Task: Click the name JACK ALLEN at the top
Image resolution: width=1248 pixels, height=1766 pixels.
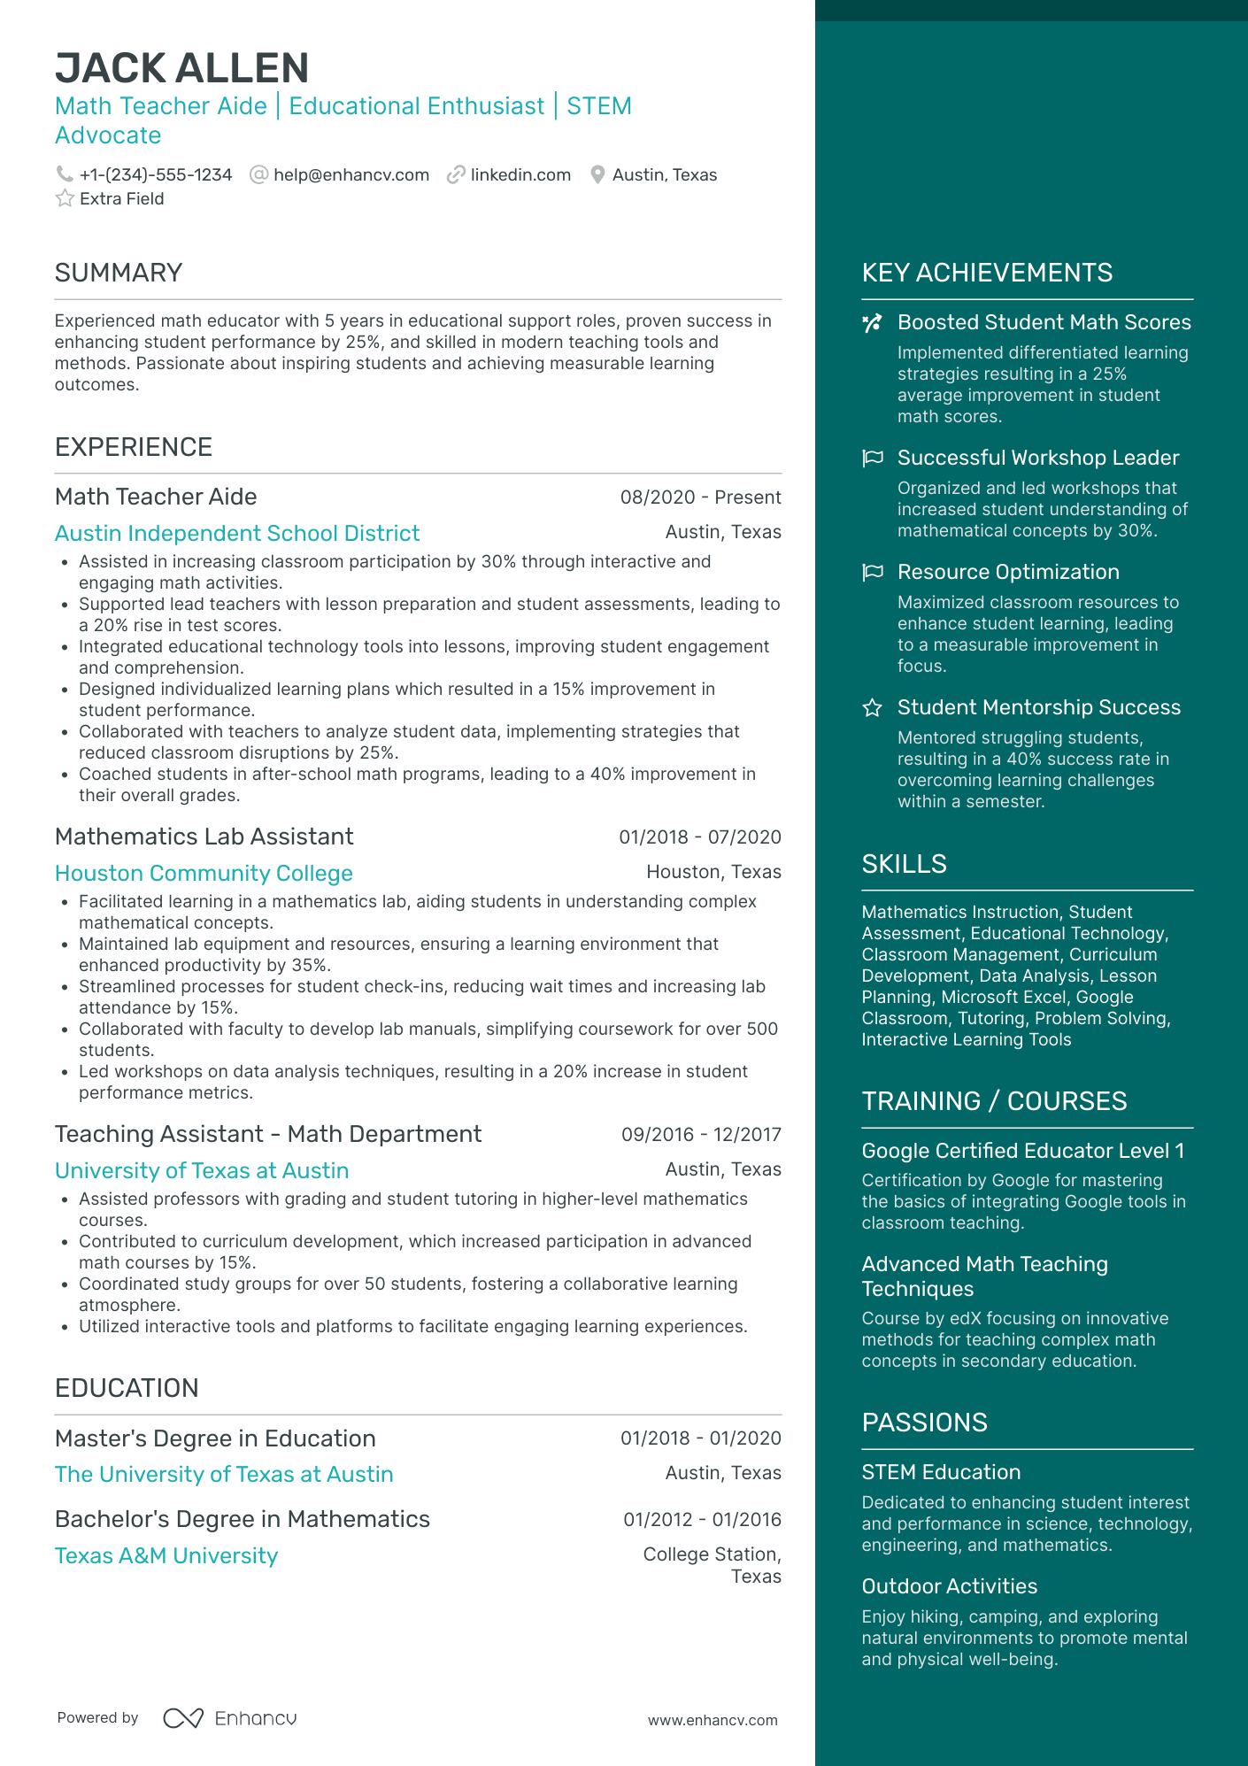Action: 181,68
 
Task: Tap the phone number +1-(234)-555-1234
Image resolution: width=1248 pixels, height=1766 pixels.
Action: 155,175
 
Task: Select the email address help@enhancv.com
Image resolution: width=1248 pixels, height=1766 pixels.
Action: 351,175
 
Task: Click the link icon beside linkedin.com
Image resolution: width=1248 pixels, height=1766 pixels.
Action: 456,175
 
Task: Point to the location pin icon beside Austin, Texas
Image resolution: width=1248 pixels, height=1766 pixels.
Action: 597,175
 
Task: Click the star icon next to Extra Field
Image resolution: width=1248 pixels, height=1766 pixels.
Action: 65,198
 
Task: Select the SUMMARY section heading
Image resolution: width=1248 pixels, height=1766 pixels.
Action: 119,273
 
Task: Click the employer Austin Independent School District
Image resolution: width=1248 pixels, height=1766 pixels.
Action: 237,534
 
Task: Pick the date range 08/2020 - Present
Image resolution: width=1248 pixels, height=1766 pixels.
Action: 700,497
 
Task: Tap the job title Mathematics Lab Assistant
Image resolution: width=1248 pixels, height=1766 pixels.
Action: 204,837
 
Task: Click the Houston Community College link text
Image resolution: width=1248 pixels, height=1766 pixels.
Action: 204,874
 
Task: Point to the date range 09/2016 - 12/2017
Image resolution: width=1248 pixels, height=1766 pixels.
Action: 701,1135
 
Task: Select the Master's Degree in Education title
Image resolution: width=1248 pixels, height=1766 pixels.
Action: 215,1438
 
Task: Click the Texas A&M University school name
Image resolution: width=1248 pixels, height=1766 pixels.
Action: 166,1556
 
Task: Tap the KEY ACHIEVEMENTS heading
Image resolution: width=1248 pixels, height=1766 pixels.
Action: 987,273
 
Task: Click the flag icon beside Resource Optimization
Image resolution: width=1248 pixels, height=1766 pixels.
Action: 873,572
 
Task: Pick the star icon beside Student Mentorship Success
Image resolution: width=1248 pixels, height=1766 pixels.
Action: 873,707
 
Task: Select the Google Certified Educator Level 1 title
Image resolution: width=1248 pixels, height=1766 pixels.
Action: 1022,1151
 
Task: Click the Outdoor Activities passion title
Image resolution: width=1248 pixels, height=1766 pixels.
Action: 949,1586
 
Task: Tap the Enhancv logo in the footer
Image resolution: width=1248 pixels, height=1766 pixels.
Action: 230,1718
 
